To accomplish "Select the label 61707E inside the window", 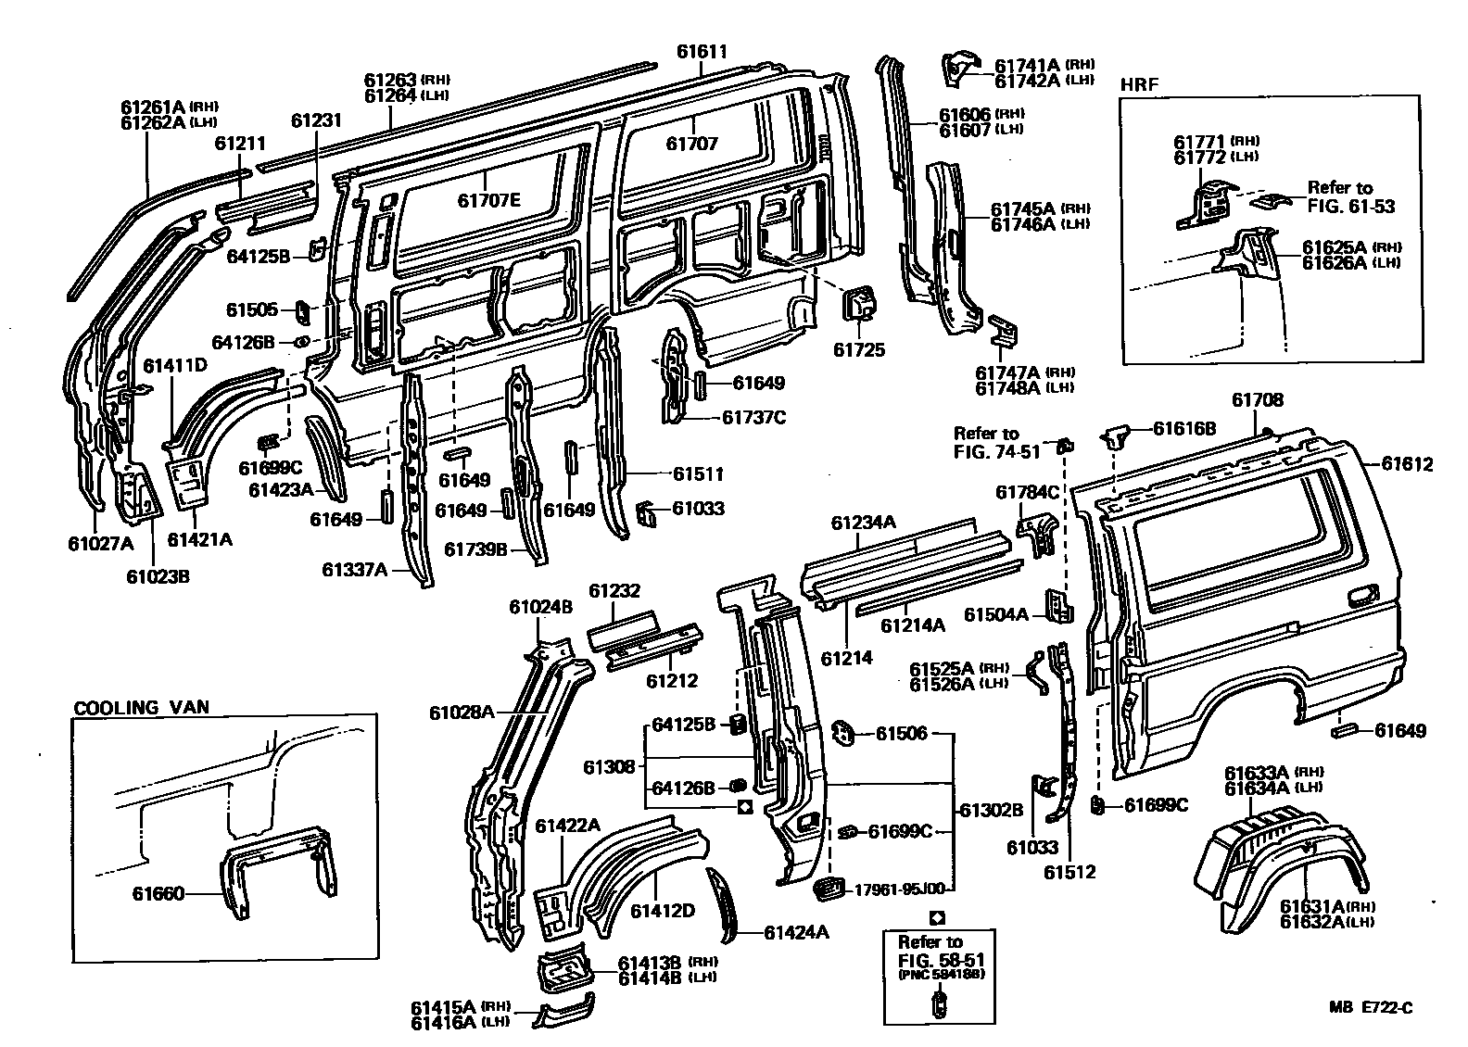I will coord(489,200).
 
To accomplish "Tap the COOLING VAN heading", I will coord(142,707).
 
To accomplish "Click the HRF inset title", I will coord(1140,84).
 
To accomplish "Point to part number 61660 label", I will coord(158,894).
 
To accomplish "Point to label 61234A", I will coord(864,523).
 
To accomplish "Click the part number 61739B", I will coord(476,549).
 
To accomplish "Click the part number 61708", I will coord(1257,400).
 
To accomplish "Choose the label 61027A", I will coord(101,543).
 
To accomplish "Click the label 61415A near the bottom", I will coord(443,1006).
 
